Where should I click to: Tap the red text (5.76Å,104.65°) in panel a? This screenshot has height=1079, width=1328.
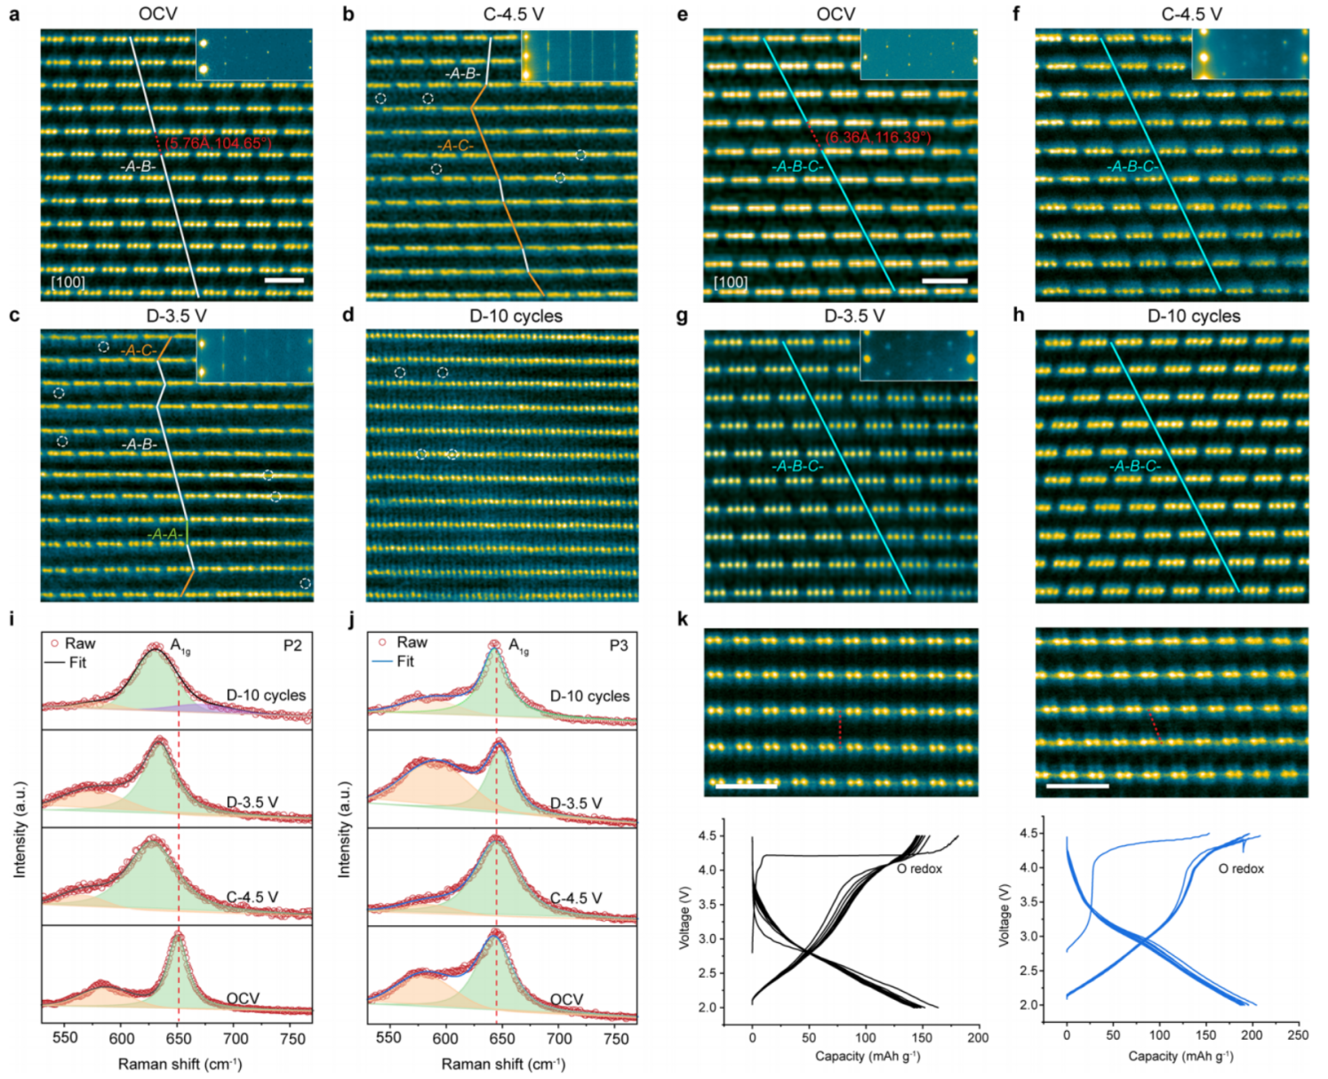[x=218, y=143]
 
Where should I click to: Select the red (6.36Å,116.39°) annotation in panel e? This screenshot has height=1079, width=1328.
[x=877, y=138]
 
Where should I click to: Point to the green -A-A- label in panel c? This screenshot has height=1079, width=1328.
[x=165, y=534]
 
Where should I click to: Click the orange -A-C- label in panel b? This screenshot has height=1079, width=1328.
[x=455, y=146]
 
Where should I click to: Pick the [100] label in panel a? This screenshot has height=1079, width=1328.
[x=68, y=283]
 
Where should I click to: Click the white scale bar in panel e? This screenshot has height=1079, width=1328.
[x=944, y=281]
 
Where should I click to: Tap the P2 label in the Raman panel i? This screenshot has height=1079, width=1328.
[x=292, y=645]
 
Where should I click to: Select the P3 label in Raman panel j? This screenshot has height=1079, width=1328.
[x=619, y=645]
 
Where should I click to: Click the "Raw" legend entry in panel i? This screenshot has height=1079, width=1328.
[x=80, y=643]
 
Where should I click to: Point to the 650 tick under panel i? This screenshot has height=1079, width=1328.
[x=178, y=1038]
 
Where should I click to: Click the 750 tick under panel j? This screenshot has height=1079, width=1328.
[x=615, y=1038]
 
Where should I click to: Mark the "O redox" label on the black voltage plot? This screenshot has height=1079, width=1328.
[x=919, y=868]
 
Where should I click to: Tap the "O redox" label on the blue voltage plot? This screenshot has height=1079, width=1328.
[x=1241, y=868]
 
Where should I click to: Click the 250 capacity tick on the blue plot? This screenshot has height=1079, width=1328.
[x=1297, y=1035]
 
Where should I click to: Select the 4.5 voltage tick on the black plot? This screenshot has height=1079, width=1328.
[x=708, y=836]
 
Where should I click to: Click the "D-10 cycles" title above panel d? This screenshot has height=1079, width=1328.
[x=516, y=316]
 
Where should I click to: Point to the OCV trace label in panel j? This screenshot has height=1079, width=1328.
[x=566, y=999]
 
